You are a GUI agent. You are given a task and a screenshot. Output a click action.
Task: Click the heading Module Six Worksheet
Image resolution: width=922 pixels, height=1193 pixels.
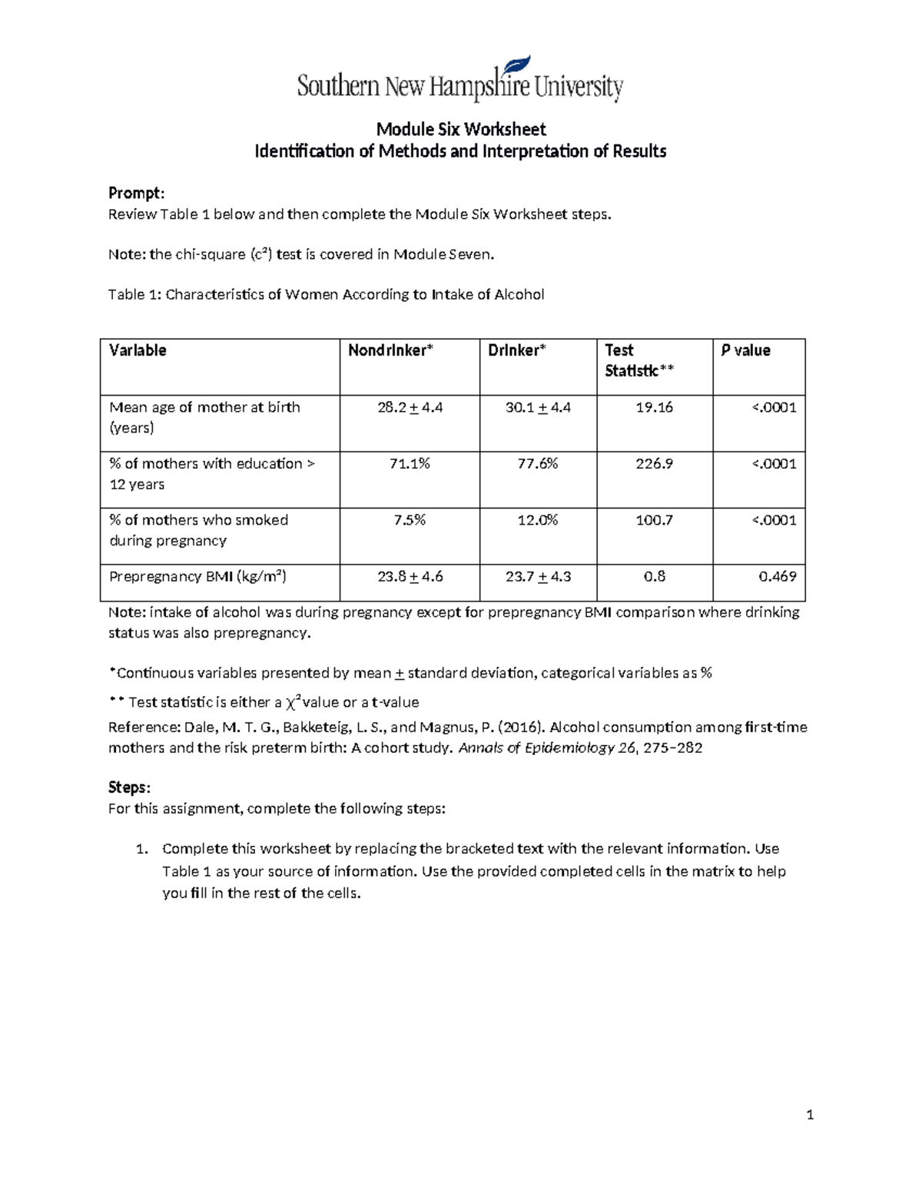point(460,129)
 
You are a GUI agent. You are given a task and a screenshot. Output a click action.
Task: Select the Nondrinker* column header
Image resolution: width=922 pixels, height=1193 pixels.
point(390,350)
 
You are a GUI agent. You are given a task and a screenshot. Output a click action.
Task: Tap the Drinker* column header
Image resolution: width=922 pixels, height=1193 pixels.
point(516,350)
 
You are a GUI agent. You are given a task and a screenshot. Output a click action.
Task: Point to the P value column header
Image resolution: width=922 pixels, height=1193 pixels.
point(745,350)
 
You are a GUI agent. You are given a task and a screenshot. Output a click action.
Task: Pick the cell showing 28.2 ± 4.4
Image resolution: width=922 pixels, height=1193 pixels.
point(410,407)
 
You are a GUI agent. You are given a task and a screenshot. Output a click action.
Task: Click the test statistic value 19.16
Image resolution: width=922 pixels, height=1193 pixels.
point(654,407)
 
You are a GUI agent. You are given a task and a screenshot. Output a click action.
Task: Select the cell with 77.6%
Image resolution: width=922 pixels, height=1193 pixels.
point(537,463)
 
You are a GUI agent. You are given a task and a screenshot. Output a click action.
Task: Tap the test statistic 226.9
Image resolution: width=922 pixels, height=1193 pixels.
point(654,463)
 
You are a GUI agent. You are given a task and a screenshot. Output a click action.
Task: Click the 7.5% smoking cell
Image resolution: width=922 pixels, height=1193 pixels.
point(410,520)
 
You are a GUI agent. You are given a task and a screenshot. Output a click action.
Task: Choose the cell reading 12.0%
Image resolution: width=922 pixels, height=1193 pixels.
point(537,520)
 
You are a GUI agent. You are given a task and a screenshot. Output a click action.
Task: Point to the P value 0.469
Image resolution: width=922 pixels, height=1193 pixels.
point(777,576)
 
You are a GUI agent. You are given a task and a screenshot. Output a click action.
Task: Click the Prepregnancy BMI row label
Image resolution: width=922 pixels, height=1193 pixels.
point(197,576)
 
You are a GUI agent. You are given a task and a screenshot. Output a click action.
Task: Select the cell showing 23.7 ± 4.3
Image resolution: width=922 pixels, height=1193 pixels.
point(537,576)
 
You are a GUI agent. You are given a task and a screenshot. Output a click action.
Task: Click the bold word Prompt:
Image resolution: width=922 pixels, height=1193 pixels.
point(136,193)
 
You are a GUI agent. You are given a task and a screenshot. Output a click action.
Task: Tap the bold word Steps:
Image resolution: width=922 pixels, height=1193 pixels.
point(129,787)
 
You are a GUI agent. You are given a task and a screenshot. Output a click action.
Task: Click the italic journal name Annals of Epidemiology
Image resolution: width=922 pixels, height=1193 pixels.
point(536,747)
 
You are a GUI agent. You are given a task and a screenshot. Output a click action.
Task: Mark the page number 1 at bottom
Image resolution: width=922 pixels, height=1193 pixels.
point(810,1115)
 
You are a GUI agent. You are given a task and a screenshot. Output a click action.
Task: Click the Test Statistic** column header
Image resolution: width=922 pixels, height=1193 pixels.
point(638,360)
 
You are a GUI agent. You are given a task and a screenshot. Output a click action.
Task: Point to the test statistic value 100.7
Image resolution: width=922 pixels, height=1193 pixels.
point(654,520)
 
